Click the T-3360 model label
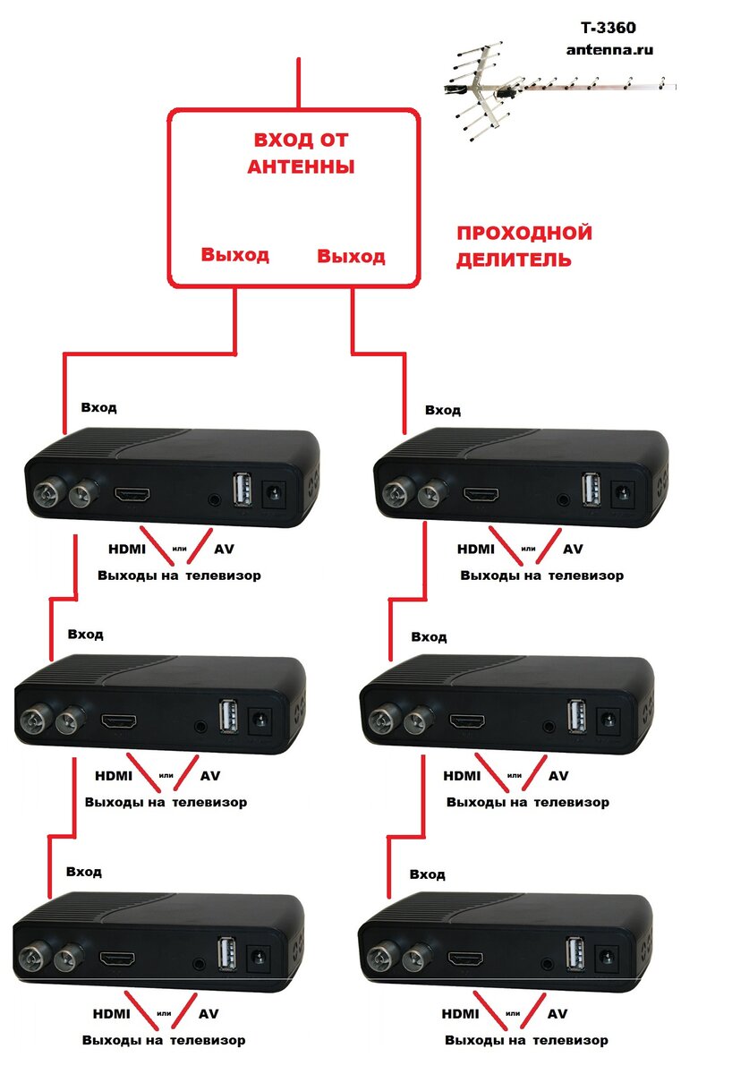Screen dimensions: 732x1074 pos(609,30)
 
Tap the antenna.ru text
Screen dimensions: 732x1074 pos(609,50)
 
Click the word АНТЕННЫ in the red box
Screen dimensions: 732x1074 pos(301,166)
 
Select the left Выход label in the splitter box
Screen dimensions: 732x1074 pos(234,255)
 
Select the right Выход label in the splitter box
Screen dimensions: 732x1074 pos(351,257)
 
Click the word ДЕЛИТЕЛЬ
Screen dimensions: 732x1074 pos(514,260)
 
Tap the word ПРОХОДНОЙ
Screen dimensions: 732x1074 pos(524,234)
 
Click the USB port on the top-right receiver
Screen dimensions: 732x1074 pos(590,490)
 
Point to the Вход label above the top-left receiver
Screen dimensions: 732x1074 pos(98,407)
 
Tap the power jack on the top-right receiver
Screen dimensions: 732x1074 pos(620,491)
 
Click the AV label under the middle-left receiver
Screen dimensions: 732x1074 pos(209,776)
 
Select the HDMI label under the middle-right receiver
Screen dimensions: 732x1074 pos(461,776)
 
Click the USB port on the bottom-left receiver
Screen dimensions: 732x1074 pos(226,953)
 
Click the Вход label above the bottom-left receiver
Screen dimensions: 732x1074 pos(83,871)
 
